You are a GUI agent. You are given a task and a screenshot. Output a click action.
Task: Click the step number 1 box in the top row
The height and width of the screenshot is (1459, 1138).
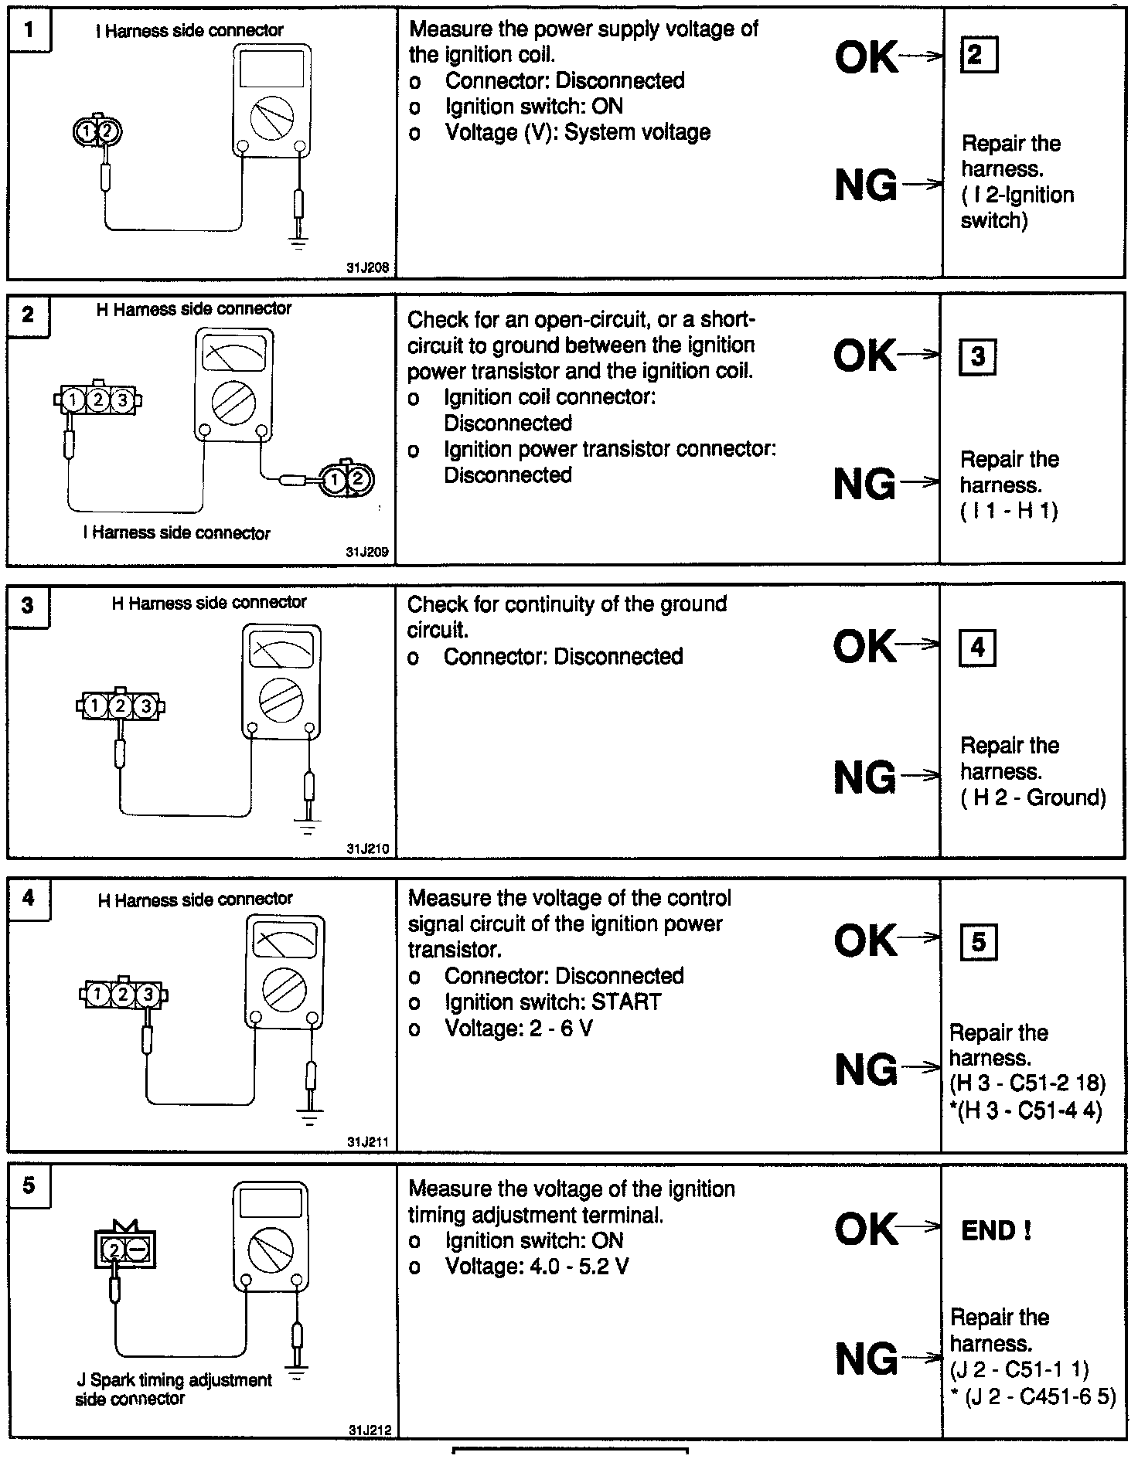click(x=29, y=31)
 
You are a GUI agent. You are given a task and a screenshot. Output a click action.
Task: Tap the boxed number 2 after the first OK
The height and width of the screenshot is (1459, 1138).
click(x=977, y=55)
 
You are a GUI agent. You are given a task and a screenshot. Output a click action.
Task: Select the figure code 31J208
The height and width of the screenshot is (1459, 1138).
click(x=368, y=268)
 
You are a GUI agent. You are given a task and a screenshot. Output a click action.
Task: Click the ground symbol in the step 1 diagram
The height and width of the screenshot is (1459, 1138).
click(x=298, y=243)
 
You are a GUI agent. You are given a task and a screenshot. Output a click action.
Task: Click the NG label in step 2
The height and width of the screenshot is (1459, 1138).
click(x=865, y=485)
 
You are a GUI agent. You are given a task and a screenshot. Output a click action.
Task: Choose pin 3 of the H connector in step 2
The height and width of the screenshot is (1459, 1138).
click(x=122, y=400)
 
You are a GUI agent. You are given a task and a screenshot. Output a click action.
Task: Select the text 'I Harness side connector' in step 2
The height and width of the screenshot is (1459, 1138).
click(x=177, y=533)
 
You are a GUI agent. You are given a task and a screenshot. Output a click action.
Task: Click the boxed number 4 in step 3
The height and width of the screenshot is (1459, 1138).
click(x=977, y=648)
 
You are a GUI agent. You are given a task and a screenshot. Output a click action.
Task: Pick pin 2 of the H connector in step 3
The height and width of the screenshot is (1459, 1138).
click(x=120, y=706)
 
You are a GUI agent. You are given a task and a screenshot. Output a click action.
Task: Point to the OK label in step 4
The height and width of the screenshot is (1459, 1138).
click(x=866, y=940)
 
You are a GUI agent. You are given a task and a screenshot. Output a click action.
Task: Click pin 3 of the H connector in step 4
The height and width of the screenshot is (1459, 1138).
click(x=148, y=994)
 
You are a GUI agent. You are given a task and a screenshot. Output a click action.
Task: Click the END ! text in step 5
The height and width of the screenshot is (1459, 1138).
click(x=996, y=1230)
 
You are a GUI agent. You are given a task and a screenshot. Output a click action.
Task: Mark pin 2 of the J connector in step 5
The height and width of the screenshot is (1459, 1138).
click(x=114, y=1250)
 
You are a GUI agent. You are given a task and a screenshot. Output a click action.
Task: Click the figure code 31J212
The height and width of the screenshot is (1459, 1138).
click(x=369, y=1430)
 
